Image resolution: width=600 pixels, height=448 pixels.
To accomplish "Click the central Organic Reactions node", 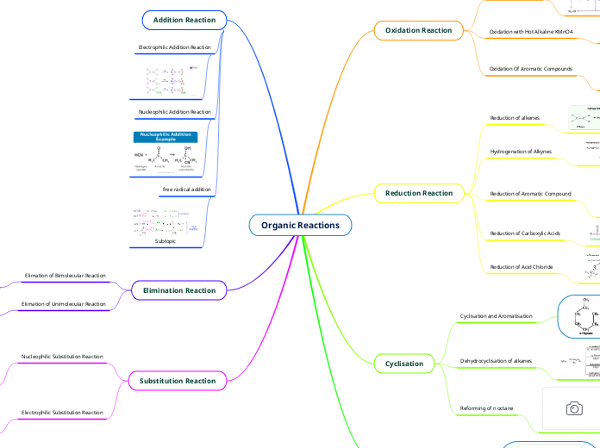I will [300, 226].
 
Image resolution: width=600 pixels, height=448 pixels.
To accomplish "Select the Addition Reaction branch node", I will [184, 20].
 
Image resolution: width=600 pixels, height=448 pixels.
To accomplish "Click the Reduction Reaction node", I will [419, 193].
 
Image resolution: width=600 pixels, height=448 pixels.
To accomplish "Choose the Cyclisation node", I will [404, 364].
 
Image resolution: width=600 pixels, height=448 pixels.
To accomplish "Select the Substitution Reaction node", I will [178, 380].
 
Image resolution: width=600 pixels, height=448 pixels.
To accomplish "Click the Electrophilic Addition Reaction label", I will [174, 47].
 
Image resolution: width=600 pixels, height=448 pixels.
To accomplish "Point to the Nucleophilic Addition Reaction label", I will [174, 112].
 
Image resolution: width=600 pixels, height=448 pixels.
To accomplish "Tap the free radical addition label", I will [186, 189].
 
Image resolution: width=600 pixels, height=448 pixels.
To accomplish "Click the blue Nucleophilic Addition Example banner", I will [165, 137].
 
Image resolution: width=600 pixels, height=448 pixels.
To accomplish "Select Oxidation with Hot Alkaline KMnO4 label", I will [531, 31].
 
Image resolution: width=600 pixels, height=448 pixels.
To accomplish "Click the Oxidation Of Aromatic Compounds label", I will [530, 68].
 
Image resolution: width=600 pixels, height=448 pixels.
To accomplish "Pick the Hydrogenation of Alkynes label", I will [521, 152].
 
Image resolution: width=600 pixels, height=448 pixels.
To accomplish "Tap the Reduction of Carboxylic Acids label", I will [525, 233].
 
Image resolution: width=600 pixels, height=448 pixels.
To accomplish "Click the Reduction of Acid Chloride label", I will [522, 267].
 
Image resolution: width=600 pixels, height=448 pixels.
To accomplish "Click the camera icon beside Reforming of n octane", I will [573, 408].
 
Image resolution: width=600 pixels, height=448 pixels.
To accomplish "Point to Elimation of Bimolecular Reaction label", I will [65, 276].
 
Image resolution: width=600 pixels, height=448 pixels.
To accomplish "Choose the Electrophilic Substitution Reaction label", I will [62, 413].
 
